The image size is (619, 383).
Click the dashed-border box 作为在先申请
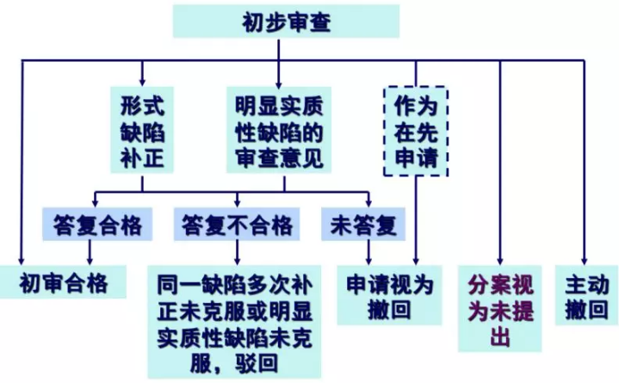(416, 132)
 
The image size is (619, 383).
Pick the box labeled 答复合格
(91, 225)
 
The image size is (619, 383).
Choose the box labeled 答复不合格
(237, 225)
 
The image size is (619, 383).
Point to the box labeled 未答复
(362, 225)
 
